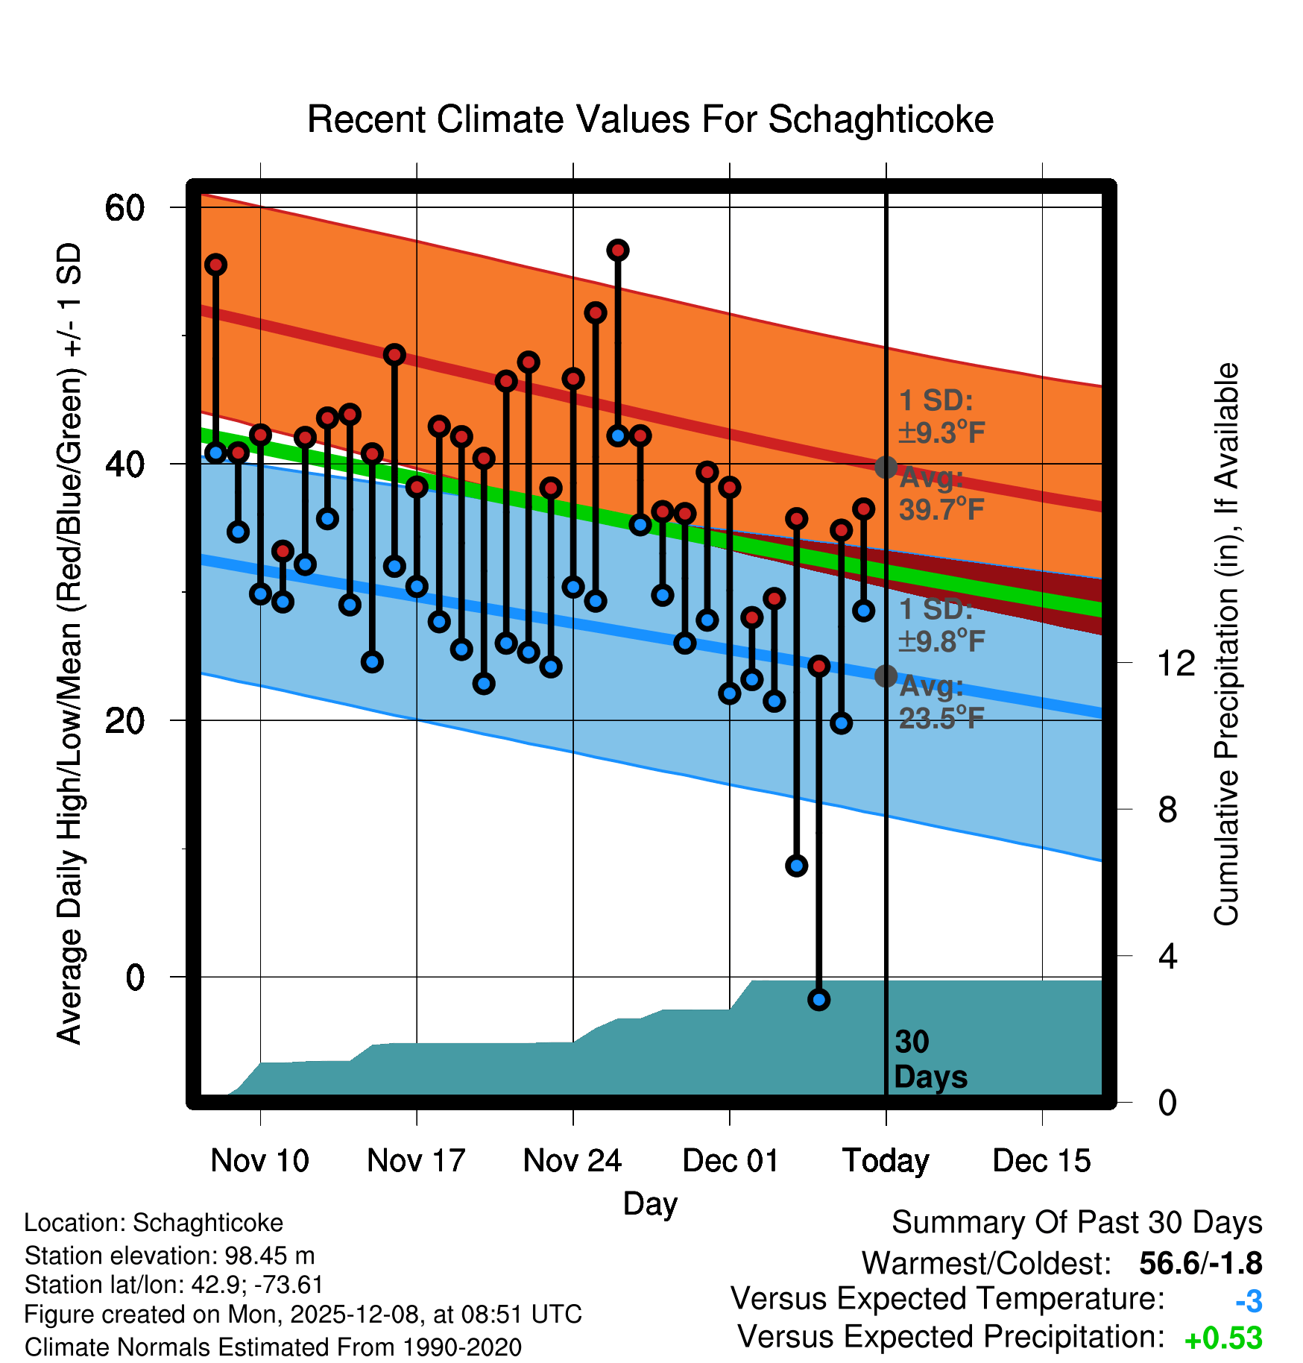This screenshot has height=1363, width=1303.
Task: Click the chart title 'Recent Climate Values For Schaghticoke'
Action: [650, 120]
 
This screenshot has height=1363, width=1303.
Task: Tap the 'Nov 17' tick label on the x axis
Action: [416, 1161]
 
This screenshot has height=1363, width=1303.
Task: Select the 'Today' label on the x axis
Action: [886, 1161]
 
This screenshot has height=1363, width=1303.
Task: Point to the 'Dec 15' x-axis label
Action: [1041, 1161]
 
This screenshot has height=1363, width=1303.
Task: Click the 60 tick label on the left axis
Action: [124, 208]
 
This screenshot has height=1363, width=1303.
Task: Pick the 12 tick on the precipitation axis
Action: [1176, 663]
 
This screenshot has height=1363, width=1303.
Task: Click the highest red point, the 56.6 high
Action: [617, 251]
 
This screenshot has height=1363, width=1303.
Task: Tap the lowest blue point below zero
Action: [818, 1000]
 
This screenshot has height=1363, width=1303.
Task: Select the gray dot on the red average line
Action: [886, 468]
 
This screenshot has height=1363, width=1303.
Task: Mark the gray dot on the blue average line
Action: [886, 676]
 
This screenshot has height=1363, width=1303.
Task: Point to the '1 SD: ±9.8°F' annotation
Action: [941, 625]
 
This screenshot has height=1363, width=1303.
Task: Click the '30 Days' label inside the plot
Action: [930, 1060]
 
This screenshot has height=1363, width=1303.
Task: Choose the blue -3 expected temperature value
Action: [1249, 1301]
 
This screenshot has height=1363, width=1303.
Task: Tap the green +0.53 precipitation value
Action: [1223, 1338]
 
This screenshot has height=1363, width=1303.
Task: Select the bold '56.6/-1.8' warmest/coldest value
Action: [1200, 1264]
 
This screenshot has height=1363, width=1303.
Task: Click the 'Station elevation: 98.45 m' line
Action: [169, 1256]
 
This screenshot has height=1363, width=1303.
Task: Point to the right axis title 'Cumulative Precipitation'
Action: [1226, 644]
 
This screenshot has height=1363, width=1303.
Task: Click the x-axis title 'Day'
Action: [650, 1204]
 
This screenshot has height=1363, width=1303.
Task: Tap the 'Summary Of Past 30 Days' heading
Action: [1076, 1223]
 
